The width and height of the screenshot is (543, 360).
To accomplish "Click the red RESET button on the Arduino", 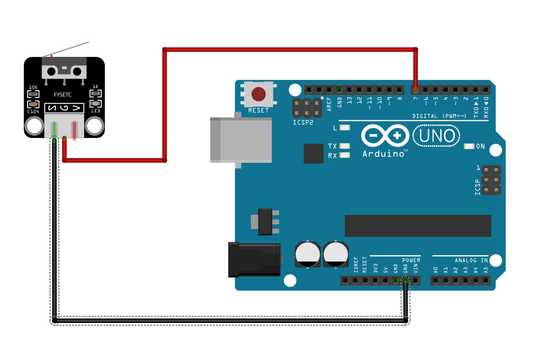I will coord(258,94).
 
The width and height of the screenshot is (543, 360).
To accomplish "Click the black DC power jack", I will coord(254,259).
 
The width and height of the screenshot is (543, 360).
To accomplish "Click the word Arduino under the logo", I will coord(384,154).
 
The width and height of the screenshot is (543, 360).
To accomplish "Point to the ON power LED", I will coord(468,147).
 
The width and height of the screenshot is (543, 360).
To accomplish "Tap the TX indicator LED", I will coord(344,146).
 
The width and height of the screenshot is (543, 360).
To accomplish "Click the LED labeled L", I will coord(344,128).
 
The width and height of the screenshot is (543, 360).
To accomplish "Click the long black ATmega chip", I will coord(417,225).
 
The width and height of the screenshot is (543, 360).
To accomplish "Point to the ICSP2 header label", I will coord(303,123).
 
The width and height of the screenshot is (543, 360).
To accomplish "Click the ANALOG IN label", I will coord(471,260).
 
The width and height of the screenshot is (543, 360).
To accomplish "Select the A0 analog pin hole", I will coord(436,281).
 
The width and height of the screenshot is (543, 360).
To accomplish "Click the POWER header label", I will coord(411,260).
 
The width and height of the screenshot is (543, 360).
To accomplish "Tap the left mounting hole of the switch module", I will coord(34,126).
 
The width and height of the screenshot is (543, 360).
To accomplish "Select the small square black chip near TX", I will coord(314,153).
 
